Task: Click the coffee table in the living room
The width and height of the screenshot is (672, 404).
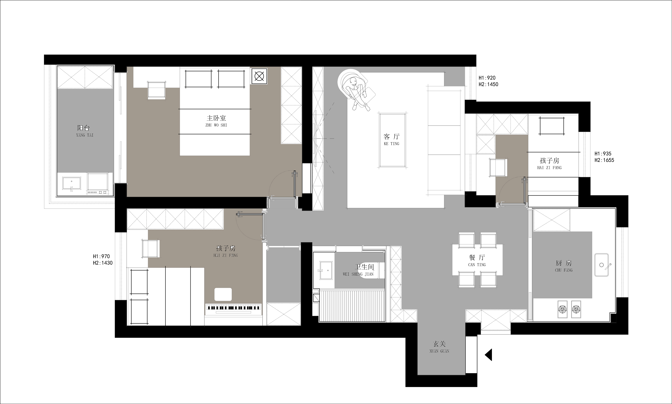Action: click(x=392, y=140)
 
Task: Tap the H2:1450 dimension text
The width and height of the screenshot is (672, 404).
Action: click(x=489, y=84)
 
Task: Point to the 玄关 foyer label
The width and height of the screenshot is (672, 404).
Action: click(x=440, y=344)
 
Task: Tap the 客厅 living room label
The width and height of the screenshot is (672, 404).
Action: click(x=392, y=137)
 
